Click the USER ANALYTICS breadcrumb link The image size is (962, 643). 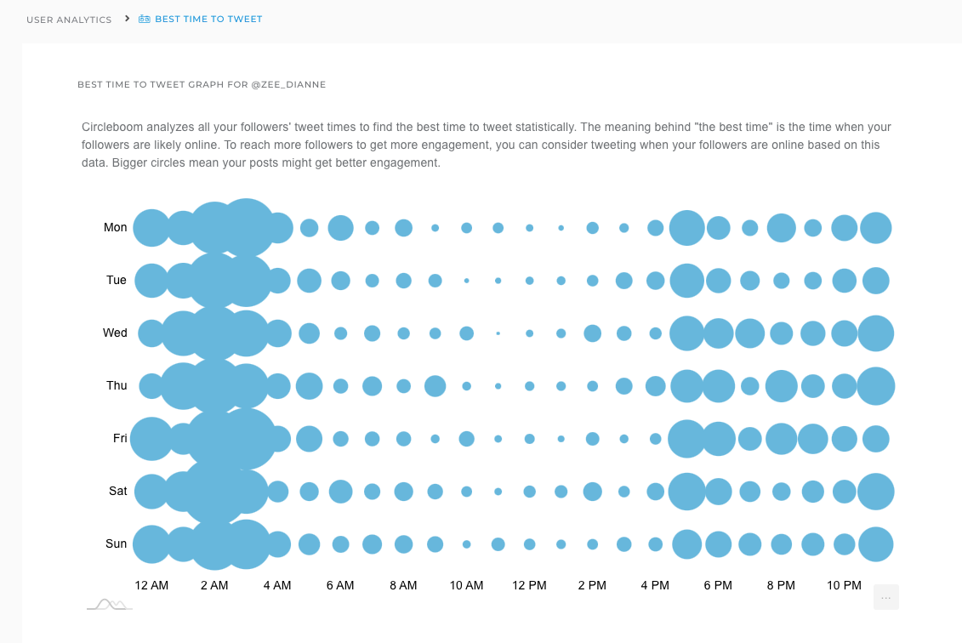tap(69, 20)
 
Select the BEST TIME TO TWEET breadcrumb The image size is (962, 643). tap(208, 19)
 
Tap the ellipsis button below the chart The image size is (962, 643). tap(885, 597)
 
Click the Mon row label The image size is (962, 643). tap(116, 227)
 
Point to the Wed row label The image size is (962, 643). tap(115, 333)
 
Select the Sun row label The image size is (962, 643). tap(116, 543)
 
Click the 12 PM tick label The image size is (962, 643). tap(529, 585)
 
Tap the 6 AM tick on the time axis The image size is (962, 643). tap(339, 585)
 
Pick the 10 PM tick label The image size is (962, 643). tap(844, 585)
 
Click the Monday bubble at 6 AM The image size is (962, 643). tap(340, 228)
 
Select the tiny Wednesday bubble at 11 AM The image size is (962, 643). tap(498, 333)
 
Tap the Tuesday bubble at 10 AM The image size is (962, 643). tap(466, 281)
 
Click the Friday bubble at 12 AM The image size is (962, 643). tap(151, 439)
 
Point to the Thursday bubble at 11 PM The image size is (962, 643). tap(875, 386)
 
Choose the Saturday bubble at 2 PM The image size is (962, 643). tap(592, 492)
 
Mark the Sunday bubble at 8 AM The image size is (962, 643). tap(403, 544)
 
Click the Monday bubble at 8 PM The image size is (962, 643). tap(781, 228)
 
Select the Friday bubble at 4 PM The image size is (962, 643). tap(655, 439)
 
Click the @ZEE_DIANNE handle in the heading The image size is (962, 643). tap(288, 84)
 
